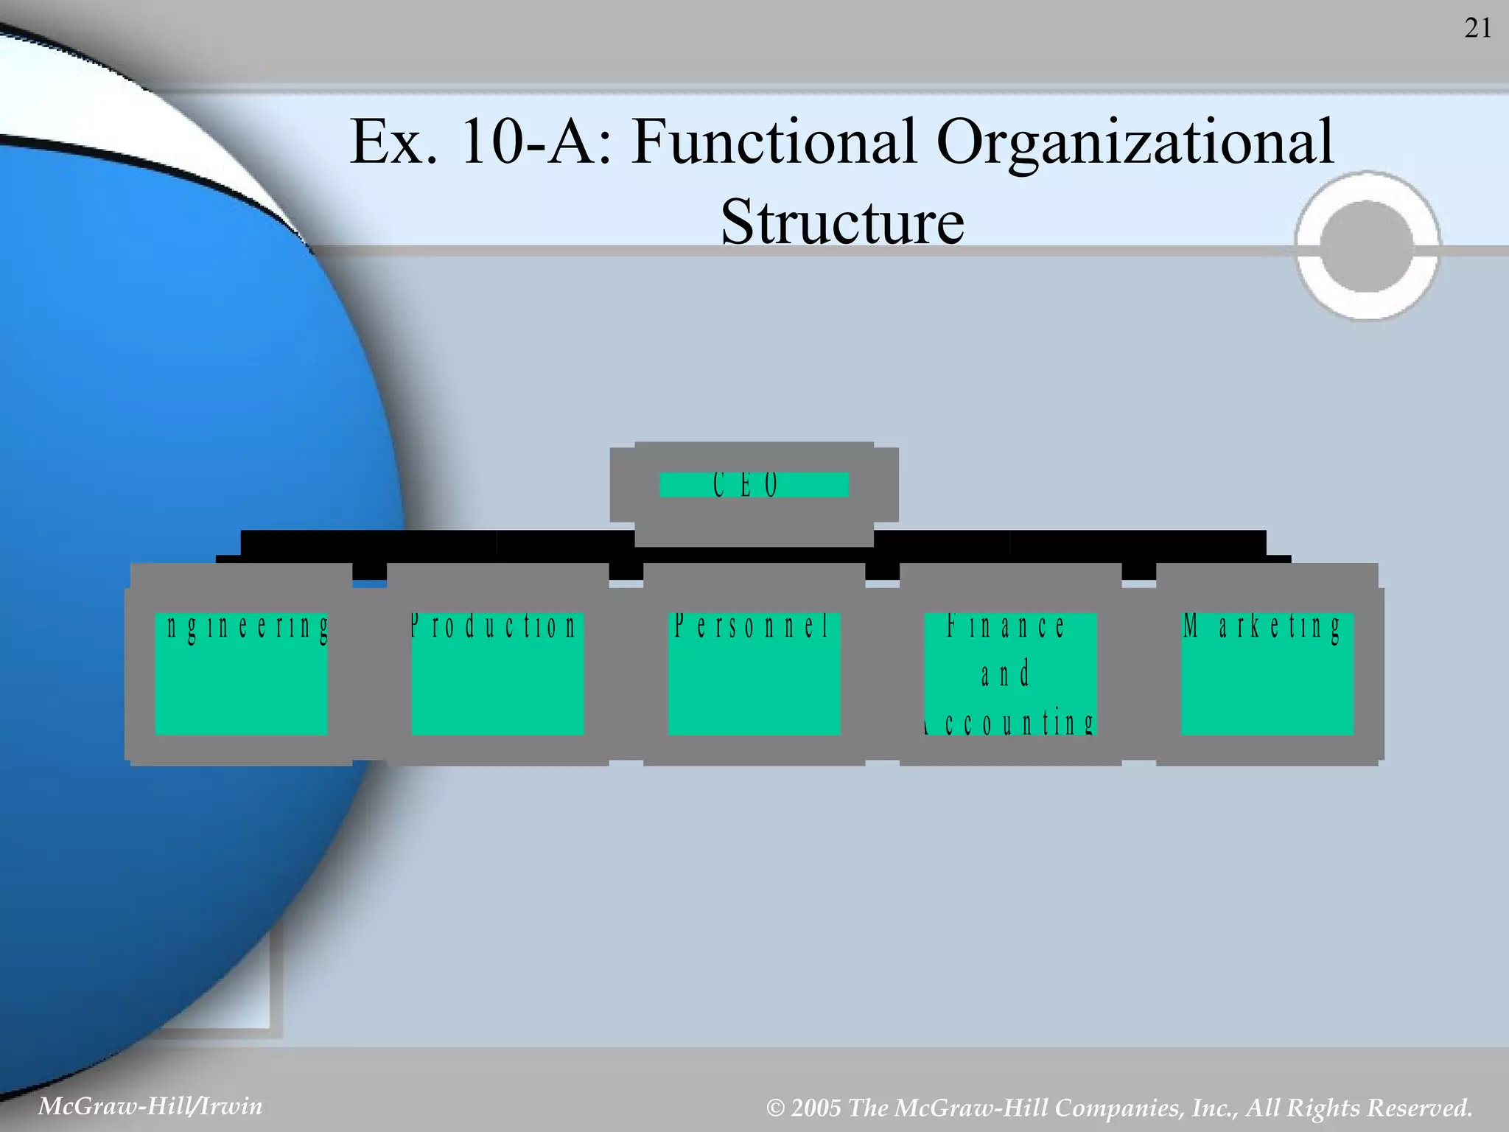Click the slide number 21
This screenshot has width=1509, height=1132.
coord(1478,29)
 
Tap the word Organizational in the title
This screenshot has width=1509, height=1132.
coord(1135,142)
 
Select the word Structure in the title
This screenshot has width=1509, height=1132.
coord(842,222)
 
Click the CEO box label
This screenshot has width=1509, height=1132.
coord(746,485)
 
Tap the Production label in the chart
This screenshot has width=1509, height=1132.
coord(493,626)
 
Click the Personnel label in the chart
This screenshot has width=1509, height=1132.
coord(752,626)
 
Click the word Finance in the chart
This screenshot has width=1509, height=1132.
coord(1006,626)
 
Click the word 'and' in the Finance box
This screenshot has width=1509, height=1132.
coord(1005,674)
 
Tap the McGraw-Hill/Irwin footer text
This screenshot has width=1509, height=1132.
coord(150,1106)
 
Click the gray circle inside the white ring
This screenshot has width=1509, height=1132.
coord(1367,246)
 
